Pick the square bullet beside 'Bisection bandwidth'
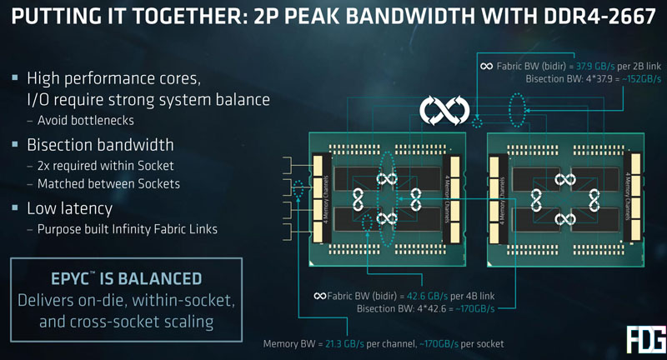pos(15,144)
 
